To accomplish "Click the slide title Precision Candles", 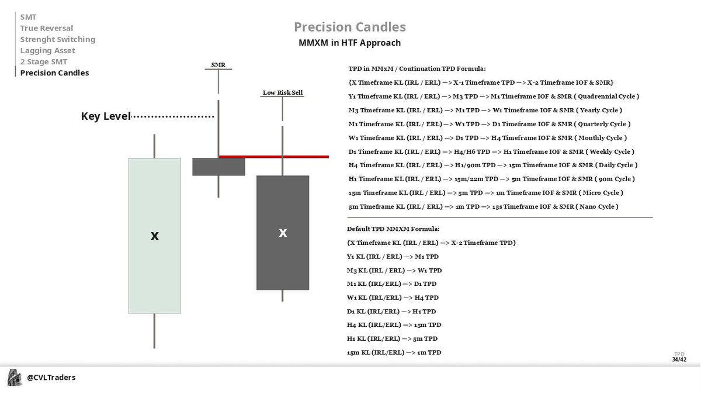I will [x=349, y=27].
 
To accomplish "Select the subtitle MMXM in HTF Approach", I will [x=349, y=43].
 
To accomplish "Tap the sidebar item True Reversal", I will [x=47, y=28].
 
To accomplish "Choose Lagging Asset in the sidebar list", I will [x=47, y=51].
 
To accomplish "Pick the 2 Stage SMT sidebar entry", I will [x=44, y=62].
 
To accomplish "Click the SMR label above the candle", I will [x=218, y=65].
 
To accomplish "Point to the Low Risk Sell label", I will [x=283, y=92].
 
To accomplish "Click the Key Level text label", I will [x=105, y=117].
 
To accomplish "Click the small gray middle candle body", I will [x=218, y=167].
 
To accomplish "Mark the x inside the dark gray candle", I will [x=283, y=233].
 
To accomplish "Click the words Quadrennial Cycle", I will [x=607, y=96].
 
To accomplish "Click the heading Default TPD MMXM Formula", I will [x=393, y=229].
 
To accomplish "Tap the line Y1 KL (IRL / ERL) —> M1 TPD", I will [x=393, y=257].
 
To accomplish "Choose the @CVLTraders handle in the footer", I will [x=51, y=378].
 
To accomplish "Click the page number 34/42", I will [x=679, y=360].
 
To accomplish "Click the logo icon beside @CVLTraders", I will [x=15, y=378].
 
